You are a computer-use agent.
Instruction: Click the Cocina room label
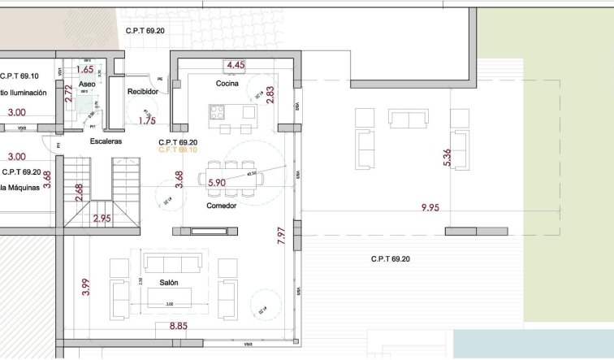[x=226, y=85]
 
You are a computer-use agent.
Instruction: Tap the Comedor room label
[x=221, y=206]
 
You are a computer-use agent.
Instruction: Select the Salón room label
[x=169, y=283]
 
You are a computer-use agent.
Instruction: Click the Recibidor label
[x=141, y=92]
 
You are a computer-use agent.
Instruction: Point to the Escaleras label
[x=106, y=141]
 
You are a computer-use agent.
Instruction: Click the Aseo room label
[x=89, y=85]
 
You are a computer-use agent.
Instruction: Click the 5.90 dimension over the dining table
[x=217, y=184]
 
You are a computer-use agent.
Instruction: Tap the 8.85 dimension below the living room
[x=179, y=327]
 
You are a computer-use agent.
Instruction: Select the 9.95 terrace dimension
[x=430, y=208]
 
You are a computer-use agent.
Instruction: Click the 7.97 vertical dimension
[x=281, y=236]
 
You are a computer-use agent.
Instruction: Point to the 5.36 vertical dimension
[x=447, y=158]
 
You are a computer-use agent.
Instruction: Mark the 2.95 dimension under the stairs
[x=102, y=219]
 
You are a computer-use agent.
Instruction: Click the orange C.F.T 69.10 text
[x=178, y=150]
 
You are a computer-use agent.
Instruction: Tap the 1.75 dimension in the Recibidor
[x=147, y=121]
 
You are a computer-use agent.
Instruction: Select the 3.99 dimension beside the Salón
[x=85, y=288]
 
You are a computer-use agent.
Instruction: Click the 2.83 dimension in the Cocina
[x=270, y=94]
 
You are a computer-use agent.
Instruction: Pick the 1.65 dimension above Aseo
[x=84, y=70]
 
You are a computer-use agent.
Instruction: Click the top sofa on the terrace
[x=409, y=119]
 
